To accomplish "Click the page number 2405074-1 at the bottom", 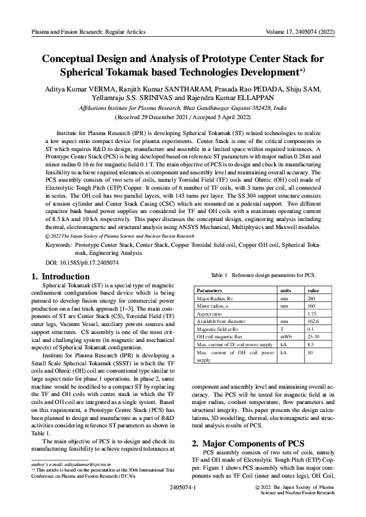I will tap(182, 487).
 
